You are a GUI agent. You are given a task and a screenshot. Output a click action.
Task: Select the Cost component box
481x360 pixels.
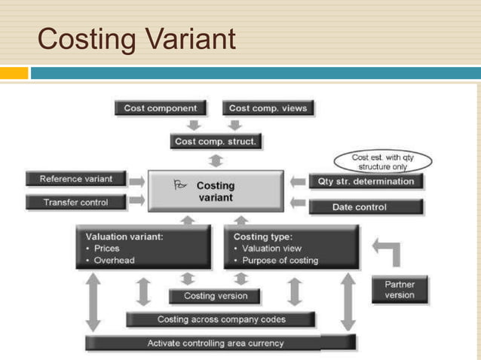161,108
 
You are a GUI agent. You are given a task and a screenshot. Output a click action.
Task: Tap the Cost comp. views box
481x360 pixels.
268,108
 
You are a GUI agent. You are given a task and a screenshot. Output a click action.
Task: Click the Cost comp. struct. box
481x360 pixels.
215,141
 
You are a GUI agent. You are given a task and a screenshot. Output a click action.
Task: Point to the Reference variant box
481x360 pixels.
76,179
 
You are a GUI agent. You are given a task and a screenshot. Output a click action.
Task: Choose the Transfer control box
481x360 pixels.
75,203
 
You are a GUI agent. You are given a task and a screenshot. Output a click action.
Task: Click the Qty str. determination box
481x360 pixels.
366,182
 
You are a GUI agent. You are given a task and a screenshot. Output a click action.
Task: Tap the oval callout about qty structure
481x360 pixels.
382,161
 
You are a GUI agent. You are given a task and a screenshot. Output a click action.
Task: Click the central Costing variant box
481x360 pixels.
216,191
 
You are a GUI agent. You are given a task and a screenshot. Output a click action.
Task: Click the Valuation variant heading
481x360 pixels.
125,236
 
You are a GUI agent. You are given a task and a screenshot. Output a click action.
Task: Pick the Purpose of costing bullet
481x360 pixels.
279,260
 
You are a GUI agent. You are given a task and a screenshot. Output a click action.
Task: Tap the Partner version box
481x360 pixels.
399,289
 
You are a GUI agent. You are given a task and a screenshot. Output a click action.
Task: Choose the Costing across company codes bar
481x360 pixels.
222,319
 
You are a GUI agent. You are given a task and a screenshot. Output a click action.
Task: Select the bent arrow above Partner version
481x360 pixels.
386,252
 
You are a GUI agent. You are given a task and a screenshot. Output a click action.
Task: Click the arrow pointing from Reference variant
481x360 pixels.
137,182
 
